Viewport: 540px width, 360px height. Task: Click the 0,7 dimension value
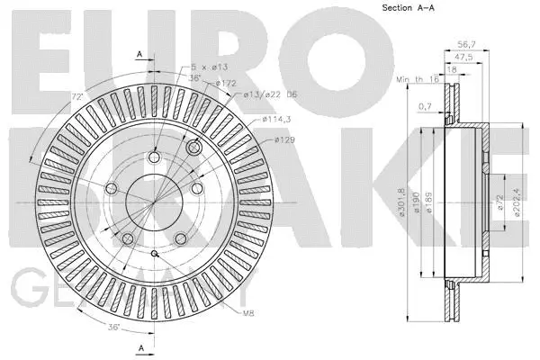tap(424, 107)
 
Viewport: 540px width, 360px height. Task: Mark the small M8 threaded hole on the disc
tap(156, 255)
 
